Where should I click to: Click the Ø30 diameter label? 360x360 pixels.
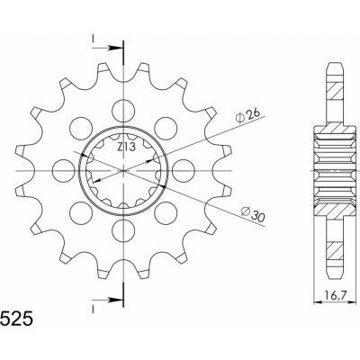click(x=254, y=214)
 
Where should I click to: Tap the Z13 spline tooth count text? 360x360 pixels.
click(x=126, y=147)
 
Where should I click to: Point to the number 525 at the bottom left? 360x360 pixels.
click(x=15, y=319)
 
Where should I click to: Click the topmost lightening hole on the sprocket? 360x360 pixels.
click(x=123, y=111)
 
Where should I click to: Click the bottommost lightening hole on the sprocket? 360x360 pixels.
click(x=123, y=230)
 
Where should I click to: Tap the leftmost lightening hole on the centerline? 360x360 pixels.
click(x=63, y=171)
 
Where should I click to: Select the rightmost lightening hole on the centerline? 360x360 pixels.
click(x=184, y=171)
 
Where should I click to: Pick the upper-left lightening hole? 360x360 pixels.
click(x=80, y=128)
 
